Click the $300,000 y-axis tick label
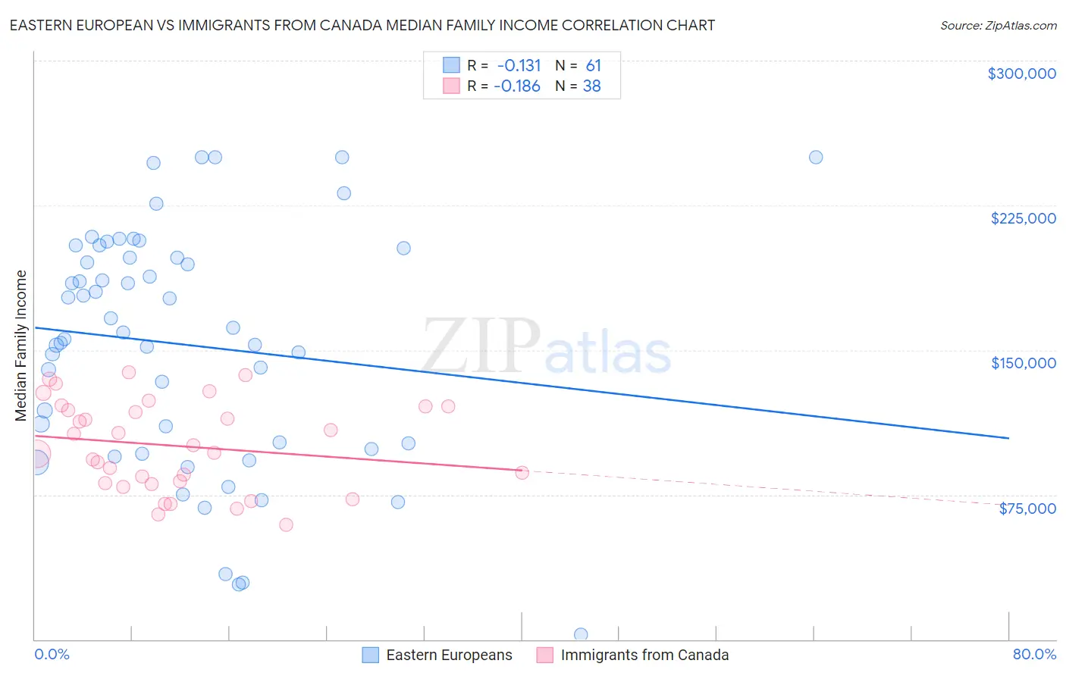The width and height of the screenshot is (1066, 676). pyautogui.click(x=1021, y=74)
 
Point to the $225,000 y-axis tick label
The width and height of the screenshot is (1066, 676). pyautogui.click(x=1023, y=218)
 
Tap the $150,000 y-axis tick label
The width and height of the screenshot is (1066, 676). pyautogui.click(x=1023, y=363)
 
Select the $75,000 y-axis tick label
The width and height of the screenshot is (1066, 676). pyautogui.click(x=1027, y=509)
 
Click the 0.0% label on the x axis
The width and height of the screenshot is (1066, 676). pyautogui.click(x=52, y=654)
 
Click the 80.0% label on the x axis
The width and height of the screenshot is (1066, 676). pyautogui.click(x=1034, y=654)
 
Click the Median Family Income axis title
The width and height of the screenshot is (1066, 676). pyautogui.click(x=21, y=346)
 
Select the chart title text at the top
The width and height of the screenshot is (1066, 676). pyautogui.click(x=362, y=25)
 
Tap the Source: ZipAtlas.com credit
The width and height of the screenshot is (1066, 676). pyautogui.click(x=998, y=25)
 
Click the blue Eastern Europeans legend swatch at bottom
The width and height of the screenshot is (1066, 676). pyautogui.click(x=371, y=655)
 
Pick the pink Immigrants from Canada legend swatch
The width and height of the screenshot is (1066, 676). pyautogui.click(x=545, y=655)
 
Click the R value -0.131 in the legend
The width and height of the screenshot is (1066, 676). pyautogui.click(x=519, y=66)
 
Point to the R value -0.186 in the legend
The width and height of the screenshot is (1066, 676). pyautogui.click(x=517, y=86)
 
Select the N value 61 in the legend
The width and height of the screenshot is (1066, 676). pyautogui.click(x=593, y=66)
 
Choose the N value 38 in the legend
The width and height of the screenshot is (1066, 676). pyautogui.click(x=591, y=86)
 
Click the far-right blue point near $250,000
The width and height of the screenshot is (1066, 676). pyautogui.click(x=816, y=158)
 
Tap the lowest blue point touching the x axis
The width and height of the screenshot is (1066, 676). pyautogui.click(x=581, y=634)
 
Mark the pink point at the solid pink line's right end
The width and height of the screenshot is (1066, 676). pyautogui.click(x=522, y=472)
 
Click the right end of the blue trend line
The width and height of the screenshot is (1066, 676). pyautogui.click(x=1008, y=438)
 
